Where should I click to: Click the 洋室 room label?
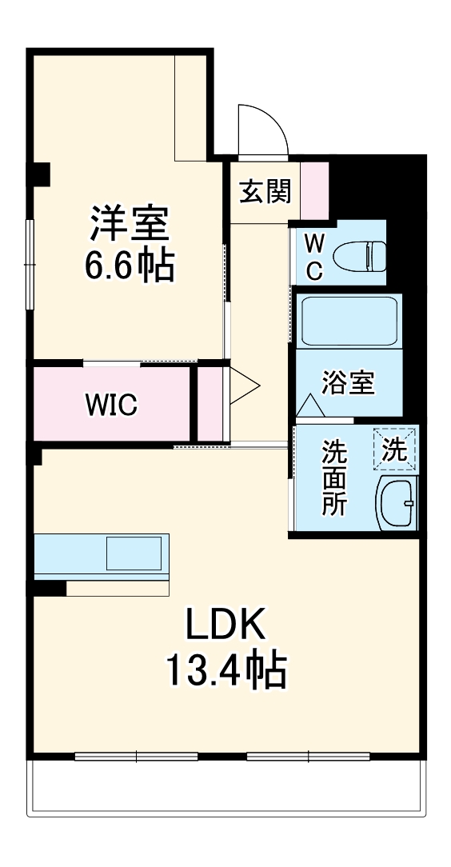coord(128,223)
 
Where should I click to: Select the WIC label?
coord(112,404)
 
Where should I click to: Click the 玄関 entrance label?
coord(265,192)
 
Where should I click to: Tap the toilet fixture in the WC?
coord(357,255)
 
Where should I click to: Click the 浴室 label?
coord(348,382)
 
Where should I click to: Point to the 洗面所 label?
coord(334,477)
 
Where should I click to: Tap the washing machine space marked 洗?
coord(395,449)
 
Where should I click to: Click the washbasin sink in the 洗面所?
coord(397,503)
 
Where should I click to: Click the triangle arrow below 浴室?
coord(310,406)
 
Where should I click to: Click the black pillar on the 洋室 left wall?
coord(38,172)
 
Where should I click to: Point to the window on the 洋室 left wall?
coord(30,264)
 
